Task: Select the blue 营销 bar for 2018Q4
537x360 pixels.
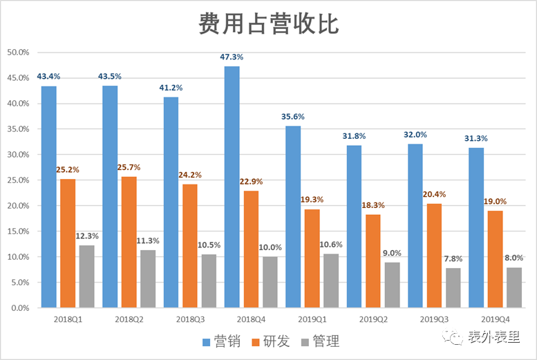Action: [232, 187]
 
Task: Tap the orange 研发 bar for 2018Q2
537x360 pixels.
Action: [129, 242]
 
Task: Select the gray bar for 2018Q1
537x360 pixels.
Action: [86, 276]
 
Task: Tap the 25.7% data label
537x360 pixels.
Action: [129, 168]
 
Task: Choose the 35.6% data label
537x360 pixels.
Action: [294, 117]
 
